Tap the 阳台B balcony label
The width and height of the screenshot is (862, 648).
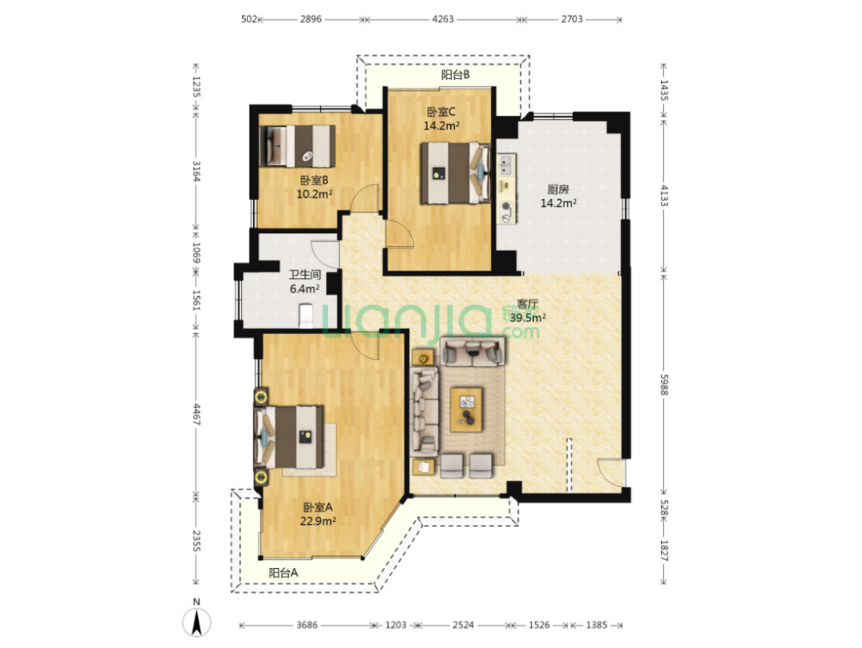click(x=456, y=75)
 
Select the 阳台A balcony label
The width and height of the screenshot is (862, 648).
click(x=283, y=573)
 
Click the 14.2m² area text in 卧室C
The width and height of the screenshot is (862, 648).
click(x=441, y=125)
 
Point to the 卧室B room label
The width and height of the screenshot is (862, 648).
click(x=314, y=180)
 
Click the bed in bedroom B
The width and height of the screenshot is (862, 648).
click(x=298, y=146)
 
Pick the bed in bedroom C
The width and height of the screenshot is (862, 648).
click(x=455, y=173)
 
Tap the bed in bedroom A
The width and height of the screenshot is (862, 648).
click(x=289, y=437)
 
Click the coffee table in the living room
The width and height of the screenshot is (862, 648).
click(x=467, y=410)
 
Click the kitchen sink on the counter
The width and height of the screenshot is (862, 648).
click(x=506, y=165)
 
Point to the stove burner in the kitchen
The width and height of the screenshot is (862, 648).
click(x=506, y=207)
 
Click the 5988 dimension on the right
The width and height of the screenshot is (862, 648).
click(x=663, y=384)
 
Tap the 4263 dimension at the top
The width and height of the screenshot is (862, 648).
click(x=443, y=19)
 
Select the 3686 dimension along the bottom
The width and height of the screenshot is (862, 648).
click(x=306, y=625)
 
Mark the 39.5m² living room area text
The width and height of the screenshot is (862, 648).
click(x=528, y=318)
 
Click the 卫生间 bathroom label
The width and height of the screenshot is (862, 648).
click(x=305, y=274)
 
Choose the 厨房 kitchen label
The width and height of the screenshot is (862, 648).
click(x=558, y=189)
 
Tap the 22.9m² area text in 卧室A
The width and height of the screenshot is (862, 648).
click(x=318, y=521)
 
